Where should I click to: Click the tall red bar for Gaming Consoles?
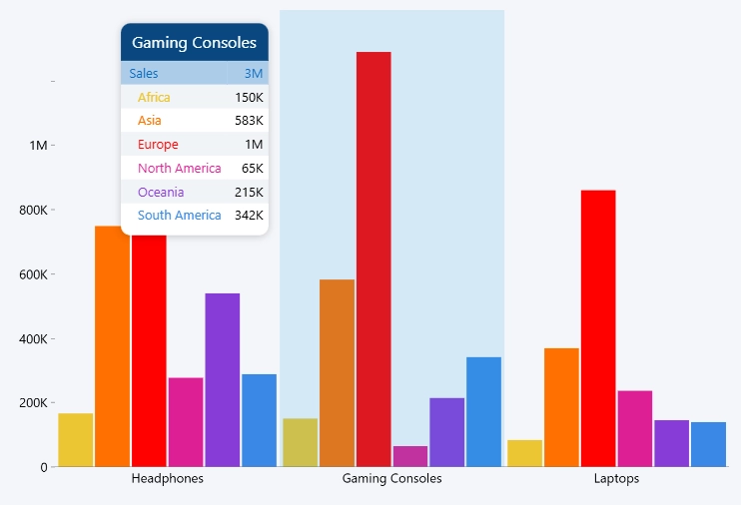(373, 258)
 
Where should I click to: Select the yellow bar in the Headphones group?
(76, 440)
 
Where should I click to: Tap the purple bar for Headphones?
(223, 380)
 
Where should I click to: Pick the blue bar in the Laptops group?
(708, 444)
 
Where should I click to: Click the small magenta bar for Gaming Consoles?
(410, 456)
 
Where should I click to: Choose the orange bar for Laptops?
(561, 407)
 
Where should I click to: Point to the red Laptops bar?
(598, 328)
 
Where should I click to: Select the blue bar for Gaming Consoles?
(484, 412)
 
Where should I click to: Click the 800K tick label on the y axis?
(33, 211)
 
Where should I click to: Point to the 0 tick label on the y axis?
(44, 468)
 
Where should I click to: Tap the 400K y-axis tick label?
(33, 339)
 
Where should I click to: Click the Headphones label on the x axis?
(168, 478)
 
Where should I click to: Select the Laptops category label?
(616, 478)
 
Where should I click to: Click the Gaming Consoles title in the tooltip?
(194, 43)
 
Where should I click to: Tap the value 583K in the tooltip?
(249, 121)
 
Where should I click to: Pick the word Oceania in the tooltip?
(161, 193)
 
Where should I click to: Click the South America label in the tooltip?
(179, 216)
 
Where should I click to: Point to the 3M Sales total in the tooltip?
(254, 74)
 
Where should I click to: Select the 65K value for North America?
(253, 169)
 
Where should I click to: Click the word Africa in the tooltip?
(154, 98)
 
